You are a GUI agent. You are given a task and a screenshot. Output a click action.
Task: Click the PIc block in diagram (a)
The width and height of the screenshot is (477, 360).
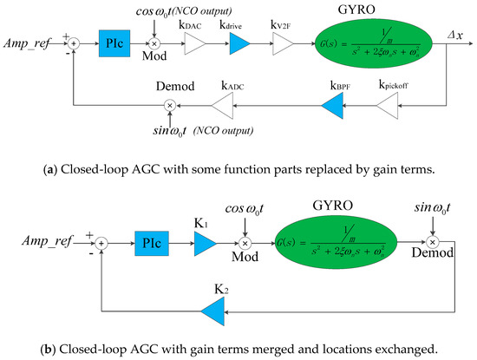click(113, 41)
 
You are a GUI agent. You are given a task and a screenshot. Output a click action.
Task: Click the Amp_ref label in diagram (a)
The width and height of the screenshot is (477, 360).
click(29, 41)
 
